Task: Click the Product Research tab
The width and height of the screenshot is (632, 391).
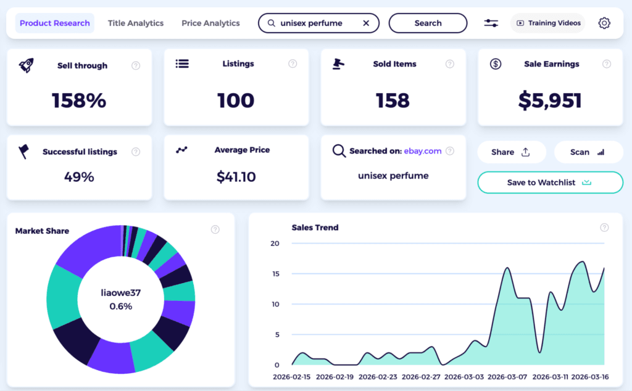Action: [55, 23]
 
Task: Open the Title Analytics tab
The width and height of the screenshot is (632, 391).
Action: [136, 23]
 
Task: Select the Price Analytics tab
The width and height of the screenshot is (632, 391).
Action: [210, 23]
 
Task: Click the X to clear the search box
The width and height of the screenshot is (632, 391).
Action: [366, 23]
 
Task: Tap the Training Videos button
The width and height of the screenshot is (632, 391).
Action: [549, 23]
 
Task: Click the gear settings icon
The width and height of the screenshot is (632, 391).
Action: [604, 23]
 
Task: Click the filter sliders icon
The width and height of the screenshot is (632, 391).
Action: [491, 23]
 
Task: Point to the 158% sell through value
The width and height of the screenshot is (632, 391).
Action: [79, 101]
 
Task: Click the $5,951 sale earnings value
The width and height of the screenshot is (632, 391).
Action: [549, 101]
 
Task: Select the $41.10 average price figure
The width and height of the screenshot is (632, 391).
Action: [236, 178]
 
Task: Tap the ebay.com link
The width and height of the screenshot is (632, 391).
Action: [423, 151]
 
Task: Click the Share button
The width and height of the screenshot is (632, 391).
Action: [511, 152]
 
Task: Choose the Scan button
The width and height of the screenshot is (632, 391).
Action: [588, 152]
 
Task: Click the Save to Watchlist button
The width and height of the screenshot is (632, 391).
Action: [550, 183]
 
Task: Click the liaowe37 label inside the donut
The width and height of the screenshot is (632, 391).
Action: [120, 292]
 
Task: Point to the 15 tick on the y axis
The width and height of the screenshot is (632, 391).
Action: [276, 274]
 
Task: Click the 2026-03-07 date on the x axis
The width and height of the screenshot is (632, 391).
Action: [507, 376]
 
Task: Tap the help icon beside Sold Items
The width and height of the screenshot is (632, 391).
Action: [450, 64]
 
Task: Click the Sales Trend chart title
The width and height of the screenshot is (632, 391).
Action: [315, 228]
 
